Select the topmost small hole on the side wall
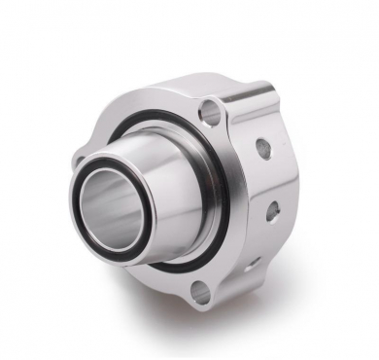coord(262,148)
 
